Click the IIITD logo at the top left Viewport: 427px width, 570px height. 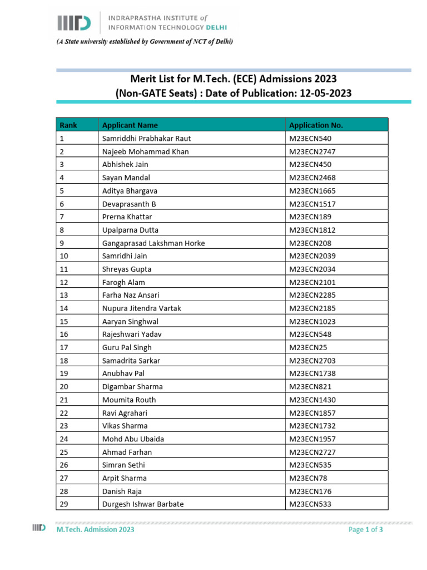point(74,22)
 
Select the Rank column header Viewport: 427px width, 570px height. point(68,125)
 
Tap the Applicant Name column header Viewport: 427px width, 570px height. point(130,125)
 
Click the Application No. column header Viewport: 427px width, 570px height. point(316,125)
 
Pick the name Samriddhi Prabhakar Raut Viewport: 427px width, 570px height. point(146,139)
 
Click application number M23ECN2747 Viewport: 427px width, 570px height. point(312,151)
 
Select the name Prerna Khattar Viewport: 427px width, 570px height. point(127,217)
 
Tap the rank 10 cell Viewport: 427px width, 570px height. point(64,256)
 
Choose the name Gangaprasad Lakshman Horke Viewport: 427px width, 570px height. point(153,243)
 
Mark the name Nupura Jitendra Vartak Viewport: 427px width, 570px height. point(142,308)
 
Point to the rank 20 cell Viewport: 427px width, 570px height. point(64,387)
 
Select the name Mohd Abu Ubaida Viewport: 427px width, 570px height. point(133,439)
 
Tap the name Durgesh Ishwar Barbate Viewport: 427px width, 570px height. point(143,504)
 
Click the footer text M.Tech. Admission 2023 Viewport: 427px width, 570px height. point(95,530)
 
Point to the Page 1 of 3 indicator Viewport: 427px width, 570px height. point(365,530)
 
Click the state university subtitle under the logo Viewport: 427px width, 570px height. point(143,42)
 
